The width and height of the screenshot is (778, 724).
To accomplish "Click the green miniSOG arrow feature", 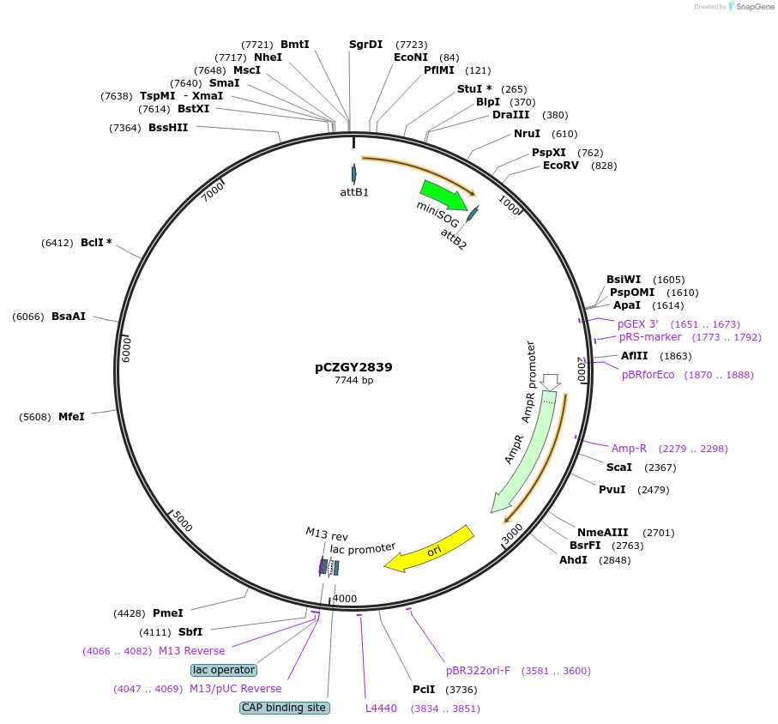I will (x=443, y=196).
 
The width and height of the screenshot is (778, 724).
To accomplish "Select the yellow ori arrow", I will (x=429, y=549).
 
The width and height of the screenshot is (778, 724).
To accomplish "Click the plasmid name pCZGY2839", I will (x=353, y=366).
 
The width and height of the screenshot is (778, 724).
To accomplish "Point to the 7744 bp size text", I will (x=353, y=380).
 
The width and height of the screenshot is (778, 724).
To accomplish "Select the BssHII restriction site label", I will (x=168, y=128).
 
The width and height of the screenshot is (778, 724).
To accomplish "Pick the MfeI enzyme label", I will (x=71, y=417).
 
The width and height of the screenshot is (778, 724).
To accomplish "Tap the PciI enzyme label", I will (x=424, y=689).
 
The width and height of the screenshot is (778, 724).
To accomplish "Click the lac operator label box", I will (x=224, y=669).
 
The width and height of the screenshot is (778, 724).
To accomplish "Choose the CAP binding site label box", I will (x=284, y=708).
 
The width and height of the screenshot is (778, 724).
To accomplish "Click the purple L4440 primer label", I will (x=381, y=709).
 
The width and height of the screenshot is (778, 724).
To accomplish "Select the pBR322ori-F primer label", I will (x=478, y=671).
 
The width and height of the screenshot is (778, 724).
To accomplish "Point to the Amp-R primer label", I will (x=629, y=448).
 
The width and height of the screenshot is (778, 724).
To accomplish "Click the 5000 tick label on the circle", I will (x=183, y=520).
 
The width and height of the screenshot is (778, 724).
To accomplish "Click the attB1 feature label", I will (x=354, y=192).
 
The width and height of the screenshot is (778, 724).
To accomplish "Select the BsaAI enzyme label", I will (x=69, y=317).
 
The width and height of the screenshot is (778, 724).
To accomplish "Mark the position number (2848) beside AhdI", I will (x=614, y=560).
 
